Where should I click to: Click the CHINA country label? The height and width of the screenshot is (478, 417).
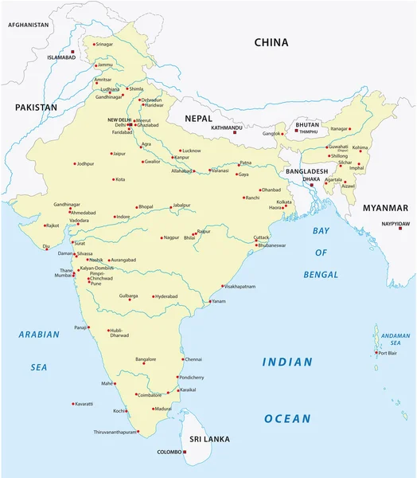pyautogui.click(x=271, y=42)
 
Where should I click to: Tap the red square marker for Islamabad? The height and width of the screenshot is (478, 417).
pyautogui.click(x=72, y=52)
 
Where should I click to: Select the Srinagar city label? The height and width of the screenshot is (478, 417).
pyautogui.click(x=104, y=45)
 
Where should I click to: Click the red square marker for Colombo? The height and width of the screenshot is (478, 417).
pyautogui.click(x=185, y=452)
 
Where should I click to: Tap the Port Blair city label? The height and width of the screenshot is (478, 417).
pyautogui.click(x=388, y=353)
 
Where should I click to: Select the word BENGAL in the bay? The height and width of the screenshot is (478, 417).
pyautogui.click(x=321, y=274)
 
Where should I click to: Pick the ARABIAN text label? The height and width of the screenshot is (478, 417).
pyautogui.click(x=39, y=335)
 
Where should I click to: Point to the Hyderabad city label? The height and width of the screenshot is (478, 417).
pyautogui.click(x=166, y=296)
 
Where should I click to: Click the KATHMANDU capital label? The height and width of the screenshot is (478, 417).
pyautogui.click(x=227, y=127)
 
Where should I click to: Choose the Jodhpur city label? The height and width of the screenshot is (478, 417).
pyautogui.click(x=85, y=164)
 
